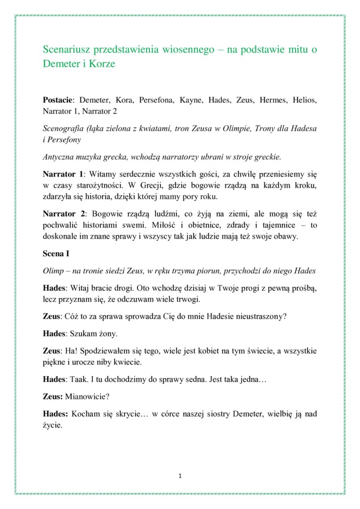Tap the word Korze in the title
coord(102,64)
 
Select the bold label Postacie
coord(59,101)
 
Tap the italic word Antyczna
coord(60,157)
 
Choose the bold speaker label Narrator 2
coord(64,213)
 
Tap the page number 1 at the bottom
coord(180,476)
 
